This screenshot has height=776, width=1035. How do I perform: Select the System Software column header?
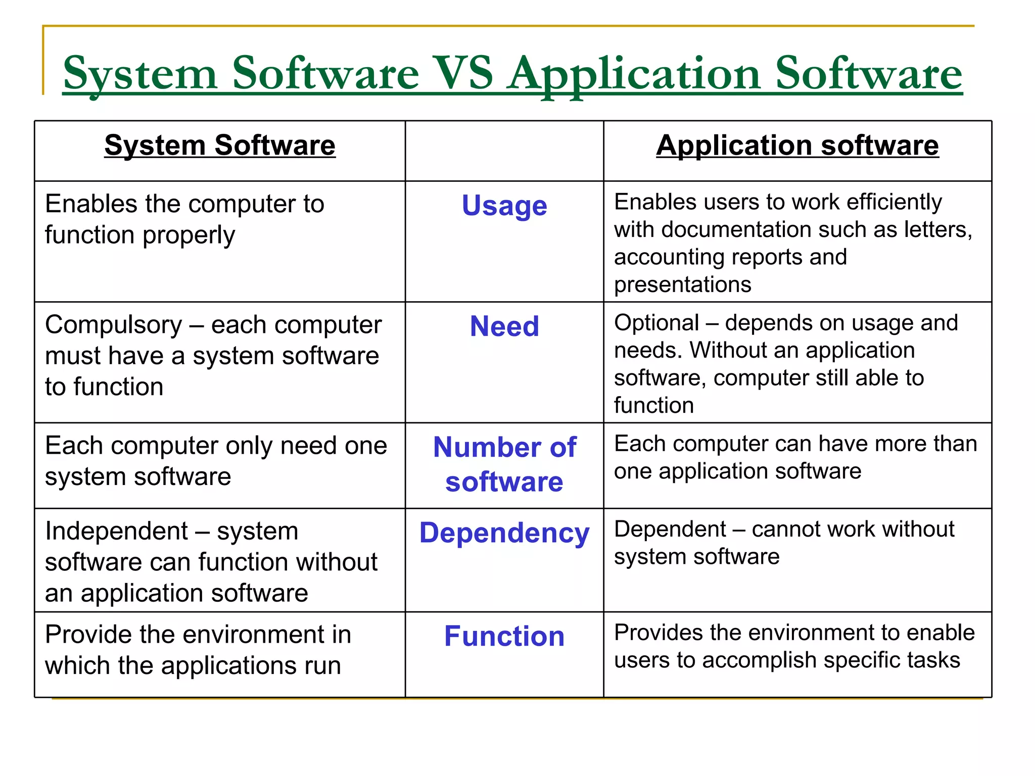pos(220,145)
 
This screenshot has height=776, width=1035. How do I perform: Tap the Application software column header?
pos(797,145)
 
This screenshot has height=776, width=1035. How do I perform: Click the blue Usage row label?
pos(504,206)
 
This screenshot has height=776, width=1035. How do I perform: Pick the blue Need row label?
pos(504,326)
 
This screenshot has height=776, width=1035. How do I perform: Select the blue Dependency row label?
pos(504,533)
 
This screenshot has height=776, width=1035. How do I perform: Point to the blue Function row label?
pos(504,636)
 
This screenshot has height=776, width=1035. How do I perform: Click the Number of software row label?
pos(504,464)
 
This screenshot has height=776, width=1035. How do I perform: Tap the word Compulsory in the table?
pos(114,325)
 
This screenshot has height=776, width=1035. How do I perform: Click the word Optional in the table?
pos(656,323)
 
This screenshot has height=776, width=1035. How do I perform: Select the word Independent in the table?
pos(116,531)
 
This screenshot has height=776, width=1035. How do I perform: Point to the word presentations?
pos(682,285)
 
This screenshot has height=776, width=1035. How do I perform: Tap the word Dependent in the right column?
pos(670,529)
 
